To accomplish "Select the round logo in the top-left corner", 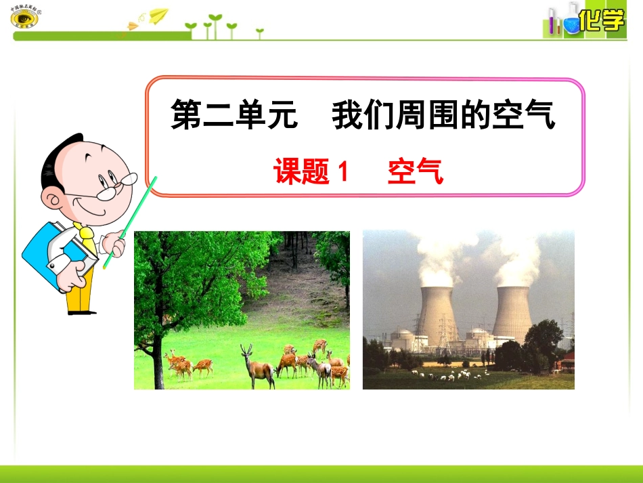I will pyautogui.click(x=24, y=17).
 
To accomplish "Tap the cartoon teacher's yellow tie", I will pyautogui.click(x=87, y=235).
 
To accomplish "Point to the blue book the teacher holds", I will pyautogui.click(x=47, y=254).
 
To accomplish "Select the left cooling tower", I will pyautogui.click(x=438, y=315).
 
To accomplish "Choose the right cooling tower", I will pyautogui.click(x=512, y=313).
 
